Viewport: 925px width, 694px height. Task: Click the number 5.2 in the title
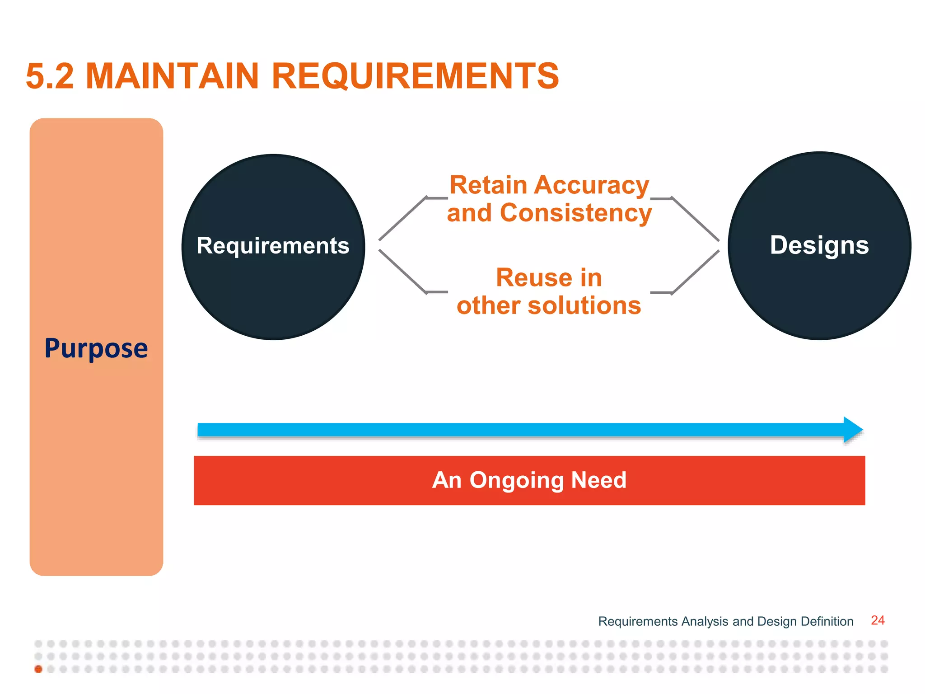coord(50,76)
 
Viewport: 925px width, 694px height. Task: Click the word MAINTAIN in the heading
coord(172,76)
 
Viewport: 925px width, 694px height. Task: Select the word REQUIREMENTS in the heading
coord(415,76)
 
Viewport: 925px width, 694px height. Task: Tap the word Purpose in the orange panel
coord(96,348)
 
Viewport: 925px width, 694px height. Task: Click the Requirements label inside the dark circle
coord(273,246)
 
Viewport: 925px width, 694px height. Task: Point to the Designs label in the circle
coord(819,245)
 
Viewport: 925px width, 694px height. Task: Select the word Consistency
coord(576,213)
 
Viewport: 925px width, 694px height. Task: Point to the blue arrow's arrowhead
coord(853,430)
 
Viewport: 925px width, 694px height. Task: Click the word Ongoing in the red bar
coord(517,480)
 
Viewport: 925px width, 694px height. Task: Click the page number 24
coord(877,620)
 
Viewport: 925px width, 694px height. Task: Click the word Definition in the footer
coord(827,622)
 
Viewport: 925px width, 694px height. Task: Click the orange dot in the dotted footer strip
coord(38,669)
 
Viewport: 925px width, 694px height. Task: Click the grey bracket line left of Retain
coord(403,219)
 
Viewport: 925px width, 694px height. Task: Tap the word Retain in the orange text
coord(488,186)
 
